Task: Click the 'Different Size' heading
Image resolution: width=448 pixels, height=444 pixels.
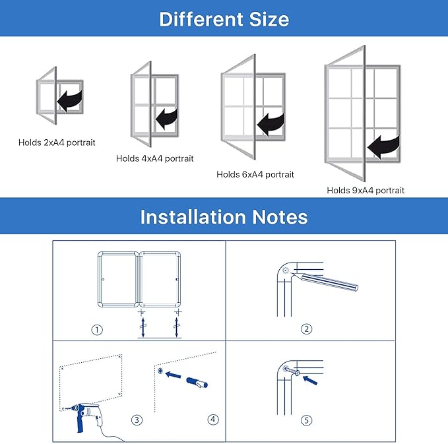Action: click(x=224, y=18)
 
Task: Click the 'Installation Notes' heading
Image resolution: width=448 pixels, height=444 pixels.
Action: click(x=224, y=216)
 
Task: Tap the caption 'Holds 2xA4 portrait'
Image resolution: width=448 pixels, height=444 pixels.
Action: click(x=57, y=142)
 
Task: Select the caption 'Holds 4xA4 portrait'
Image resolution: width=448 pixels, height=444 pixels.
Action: click(x=155, y=158)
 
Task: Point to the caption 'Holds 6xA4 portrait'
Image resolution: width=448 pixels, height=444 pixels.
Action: click(x=255, y=175)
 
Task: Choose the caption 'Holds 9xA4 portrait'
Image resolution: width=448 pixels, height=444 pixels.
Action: click(x=366, y=190)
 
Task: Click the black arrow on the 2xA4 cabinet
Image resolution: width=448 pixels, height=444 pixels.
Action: click(x=69, y=100)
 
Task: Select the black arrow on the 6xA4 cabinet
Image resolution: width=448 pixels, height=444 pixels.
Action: click(x=271, y=123)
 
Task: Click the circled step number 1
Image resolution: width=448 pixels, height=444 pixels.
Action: click(x=98, y=330)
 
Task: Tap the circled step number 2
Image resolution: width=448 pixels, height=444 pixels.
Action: click(x=306, y=329)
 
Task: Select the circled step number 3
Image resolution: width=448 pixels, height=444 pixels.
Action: click(x=137, y=419)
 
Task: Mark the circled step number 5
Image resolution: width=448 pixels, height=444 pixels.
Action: click(x=306, y=420)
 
